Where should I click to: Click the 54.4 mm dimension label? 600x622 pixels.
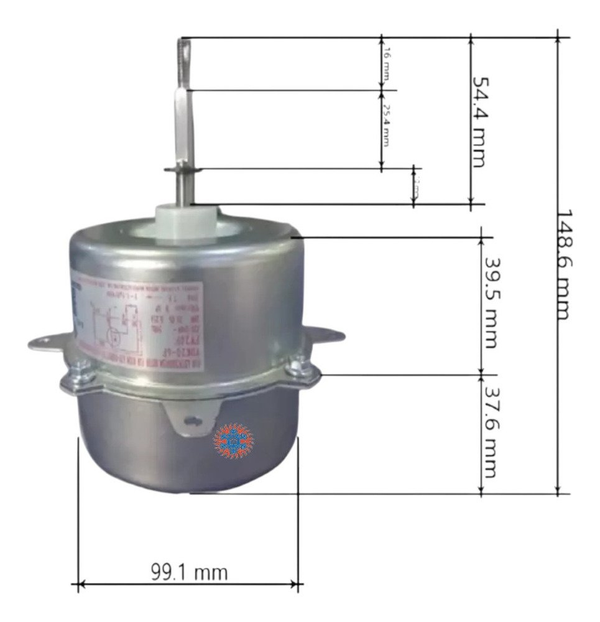pos(478,121)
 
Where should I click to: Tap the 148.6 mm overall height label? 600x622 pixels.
pos(563,264)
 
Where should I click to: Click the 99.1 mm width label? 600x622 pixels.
pos(189,571)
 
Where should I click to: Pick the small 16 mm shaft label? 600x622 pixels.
pos(385,63)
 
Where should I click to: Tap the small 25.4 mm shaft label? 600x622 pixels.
pos(385,124)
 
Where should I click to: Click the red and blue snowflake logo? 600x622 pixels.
pos(234,441)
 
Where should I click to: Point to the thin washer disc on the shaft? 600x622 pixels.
pos(182,169)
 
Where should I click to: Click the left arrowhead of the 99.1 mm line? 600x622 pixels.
pos(78,585)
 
